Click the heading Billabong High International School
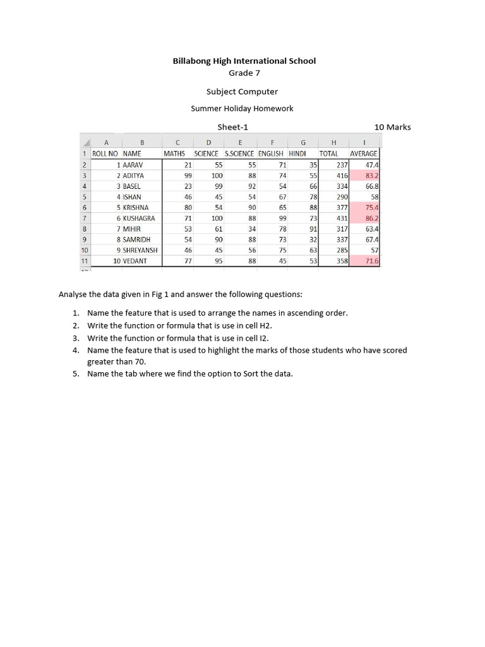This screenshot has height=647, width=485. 244,61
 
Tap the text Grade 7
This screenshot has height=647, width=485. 244,73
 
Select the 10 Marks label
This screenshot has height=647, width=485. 392,127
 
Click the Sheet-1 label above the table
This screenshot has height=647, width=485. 233,127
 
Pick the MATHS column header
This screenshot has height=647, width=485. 174,154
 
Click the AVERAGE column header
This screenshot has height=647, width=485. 364,154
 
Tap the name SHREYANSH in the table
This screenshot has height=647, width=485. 140,250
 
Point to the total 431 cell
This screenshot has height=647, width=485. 342,218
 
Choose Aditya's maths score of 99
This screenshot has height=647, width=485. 188,176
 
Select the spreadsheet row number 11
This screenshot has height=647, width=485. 84,261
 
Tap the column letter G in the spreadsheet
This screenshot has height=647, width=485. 303,142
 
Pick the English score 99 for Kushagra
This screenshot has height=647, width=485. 282,218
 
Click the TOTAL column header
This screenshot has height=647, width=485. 328,154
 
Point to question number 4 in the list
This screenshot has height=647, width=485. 75,350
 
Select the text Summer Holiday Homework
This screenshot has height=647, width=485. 242,109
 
